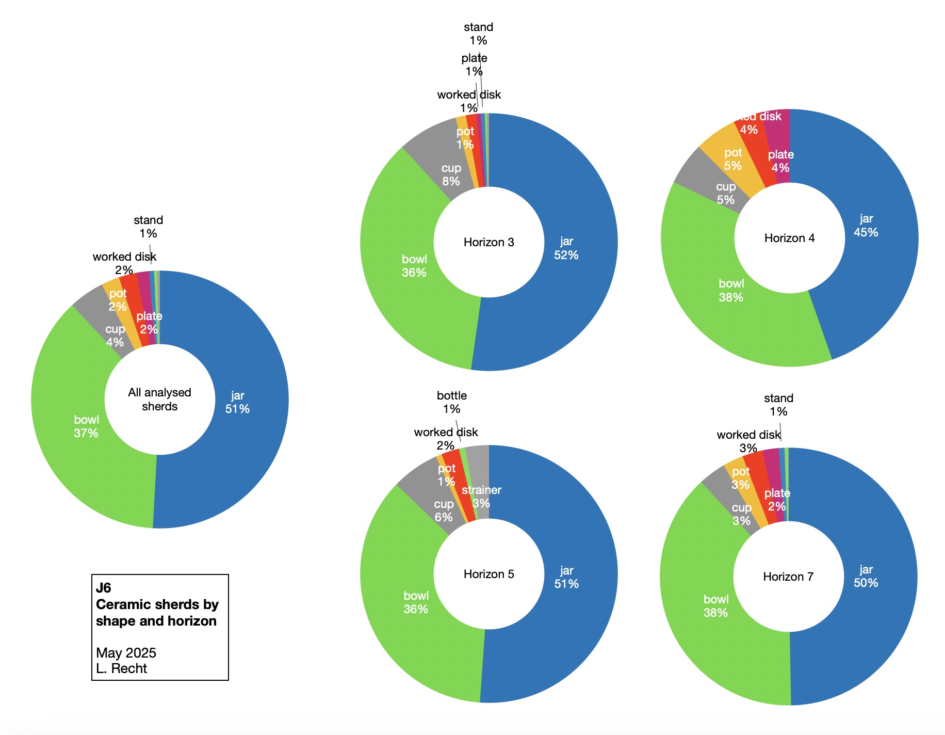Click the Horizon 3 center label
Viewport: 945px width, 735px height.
488,242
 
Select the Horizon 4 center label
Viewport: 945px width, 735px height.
789,238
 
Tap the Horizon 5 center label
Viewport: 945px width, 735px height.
488,574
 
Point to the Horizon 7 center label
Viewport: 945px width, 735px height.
788,577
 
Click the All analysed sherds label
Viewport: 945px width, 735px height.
159,400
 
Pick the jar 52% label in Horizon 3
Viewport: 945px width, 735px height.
566,248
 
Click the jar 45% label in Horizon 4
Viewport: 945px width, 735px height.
866,226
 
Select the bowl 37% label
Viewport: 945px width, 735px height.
86,426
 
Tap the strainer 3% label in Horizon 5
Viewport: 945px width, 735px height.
481,497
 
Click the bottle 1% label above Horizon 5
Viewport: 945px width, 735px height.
451,402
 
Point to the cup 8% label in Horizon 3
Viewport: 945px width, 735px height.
451,174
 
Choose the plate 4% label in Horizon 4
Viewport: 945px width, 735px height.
780,161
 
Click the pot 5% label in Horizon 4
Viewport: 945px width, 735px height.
732,159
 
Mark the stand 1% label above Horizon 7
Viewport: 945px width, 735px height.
778,405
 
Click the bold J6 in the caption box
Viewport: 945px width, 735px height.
104,588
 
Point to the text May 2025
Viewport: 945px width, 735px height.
126,653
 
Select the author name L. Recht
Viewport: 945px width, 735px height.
121,668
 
